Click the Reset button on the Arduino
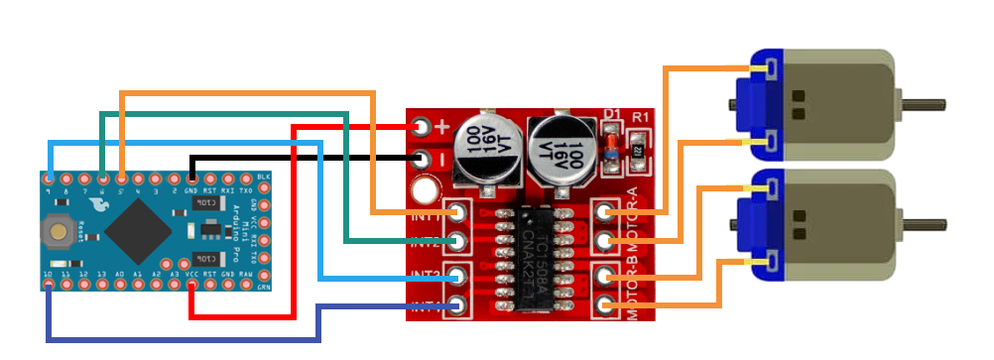coord(57,230)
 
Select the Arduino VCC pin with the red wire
coord(191,286)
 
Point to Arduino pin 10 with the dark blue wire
coord(48,286)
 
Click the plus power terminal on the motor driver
coord(422,127)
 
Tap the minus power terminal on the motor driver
coord(422,159)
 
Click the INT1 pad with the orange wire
coord(457,212)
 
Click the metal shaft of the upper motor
coord(923,102)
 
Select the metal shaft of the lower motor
coord(923,222)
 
